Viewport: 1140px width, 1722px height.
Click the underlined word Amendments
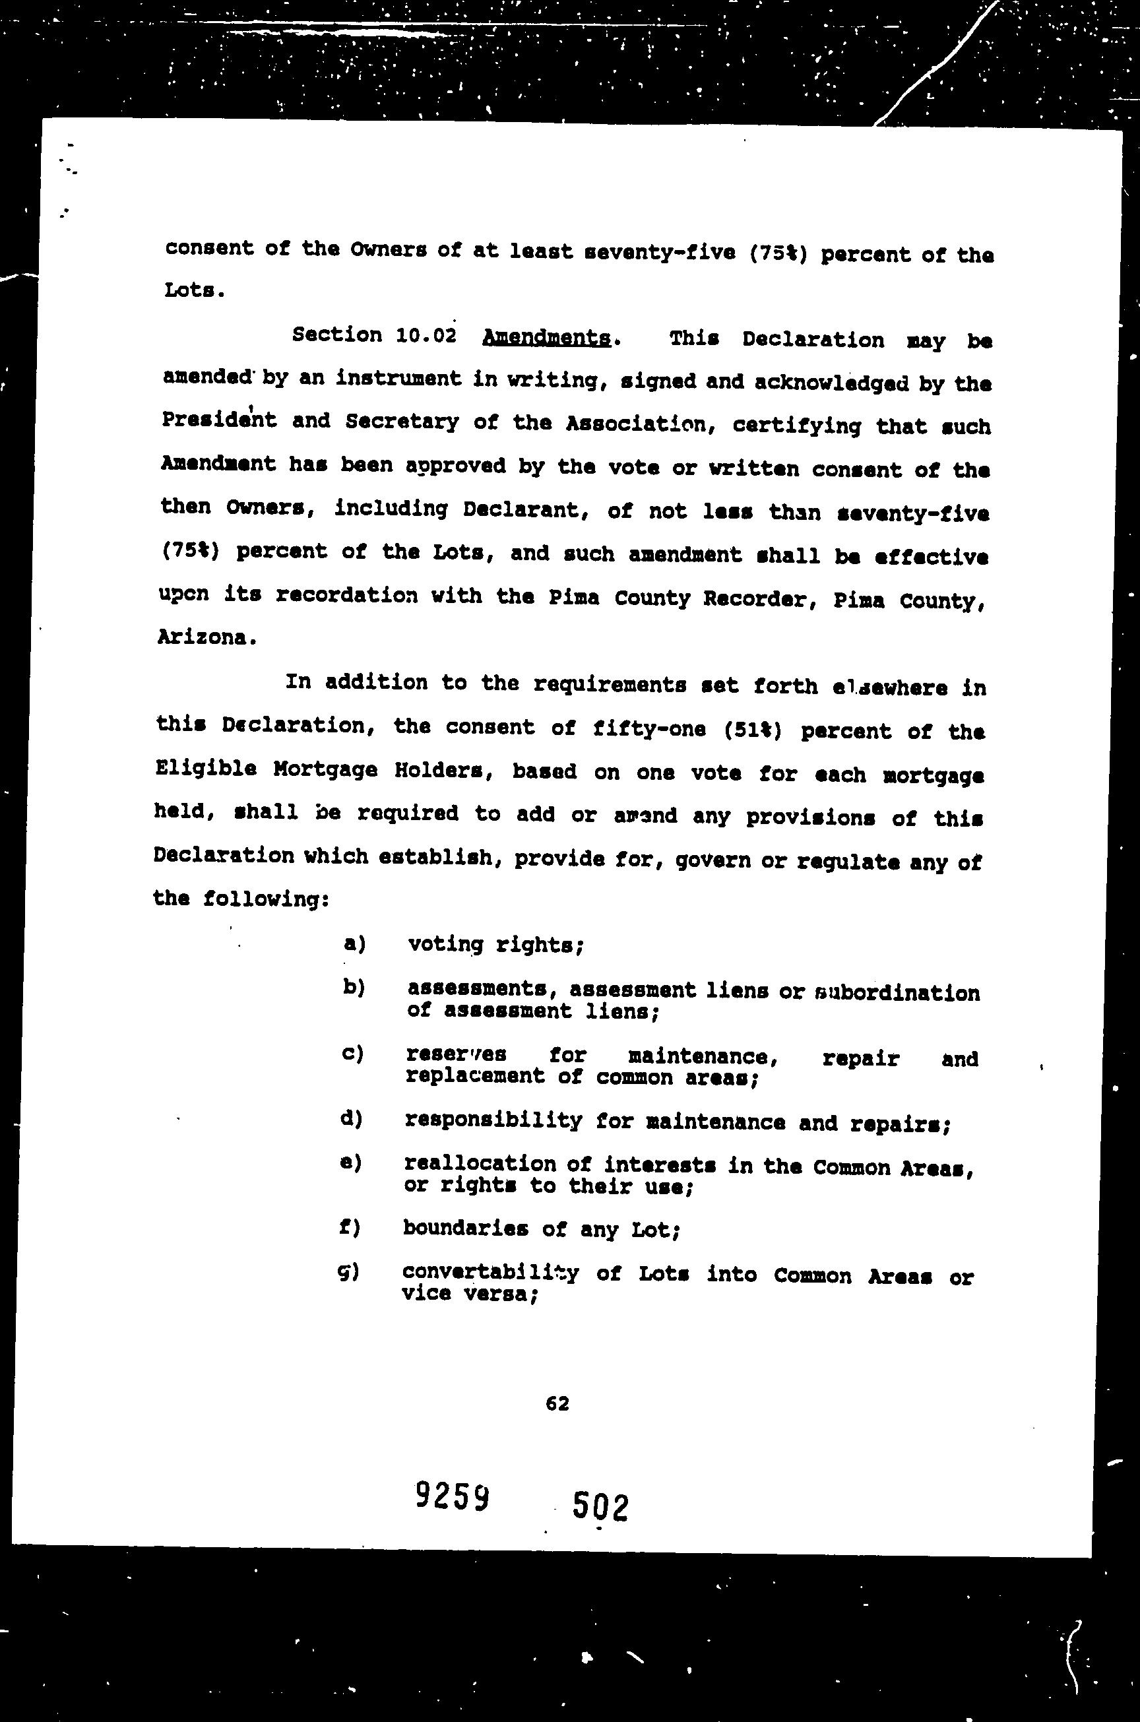pos(546,338)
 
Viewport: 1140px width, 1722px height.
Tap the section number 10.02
pos(426,336)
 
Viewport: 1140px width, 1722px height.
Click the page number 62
pos(557,1403)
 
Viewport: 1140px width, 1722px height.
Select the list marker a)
pos(354,943)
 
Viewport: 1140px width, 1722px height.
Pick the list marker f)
pos(350,1228)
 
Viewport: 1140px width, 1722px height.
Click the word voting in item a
pos(445,944)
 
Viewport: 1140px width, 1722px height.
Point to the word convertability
pos(490,1273)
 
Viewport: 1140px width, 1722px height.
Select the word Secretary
pos(401,422)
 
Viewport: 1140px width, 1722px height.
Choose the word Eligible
pos(206,769)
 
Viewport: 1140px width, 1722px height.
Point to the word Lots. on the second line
pos(191,291)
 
